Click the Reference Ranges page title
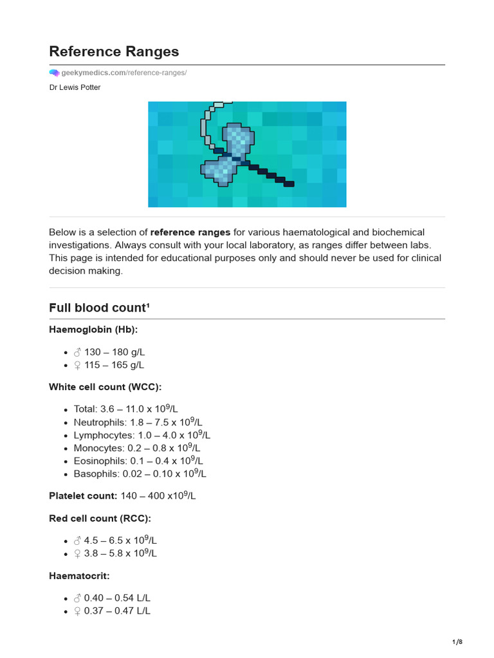click(114, 51)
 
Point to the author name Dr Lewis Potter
click(75, 87)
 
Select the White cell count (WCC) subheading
click(105, 387)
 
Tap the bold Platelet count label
click(83, 495)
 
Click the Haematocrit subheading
click(78, 576)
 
